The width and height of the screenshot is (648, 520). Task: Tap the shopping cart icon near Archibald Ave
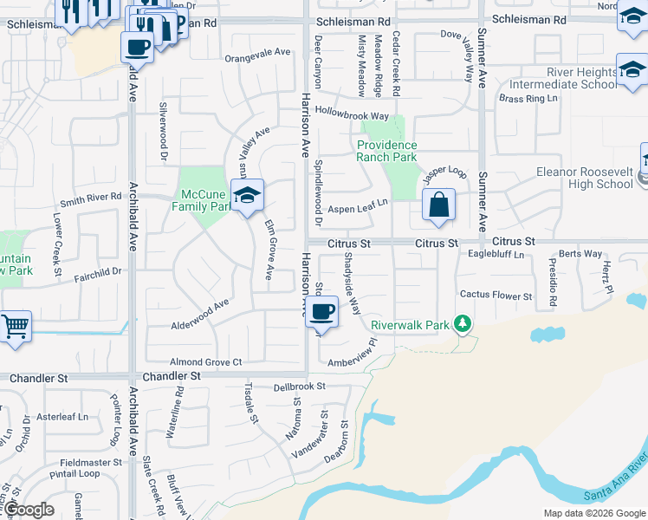(x=15, y=327)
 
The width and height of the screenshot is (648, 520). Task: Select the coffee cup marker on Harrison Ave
(x=322, y=312)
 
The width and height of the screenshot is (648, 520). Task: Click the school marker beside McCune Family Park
(x=247, y=196)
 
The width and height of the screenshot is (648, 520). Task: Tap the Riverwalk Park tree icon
(x=463, y=324)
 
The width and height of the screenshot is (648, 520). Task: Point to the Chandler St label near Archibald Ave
(x=171, y=377)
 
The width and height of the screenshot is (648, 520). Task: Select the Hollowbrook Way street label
(x=352, y=114)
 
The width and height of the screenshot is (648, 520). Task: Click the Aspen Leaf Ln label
(x=357, y=210)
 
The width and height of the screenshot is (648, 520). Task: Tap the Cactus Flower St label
(x=496, y=296)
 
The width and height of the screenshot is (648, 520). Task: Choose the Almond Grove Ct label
(x=205, y=361)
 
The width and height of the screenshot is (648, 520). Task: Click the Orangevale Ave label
(x=257, y=52)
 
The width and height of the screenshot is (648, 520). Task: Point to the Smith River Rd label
(x=90, y=198)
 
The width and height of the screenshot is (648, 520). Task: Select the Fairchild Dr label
(x=98, y=271)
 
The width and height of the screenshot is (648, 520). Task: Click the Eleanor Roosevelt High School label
(x=585, y=178)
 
